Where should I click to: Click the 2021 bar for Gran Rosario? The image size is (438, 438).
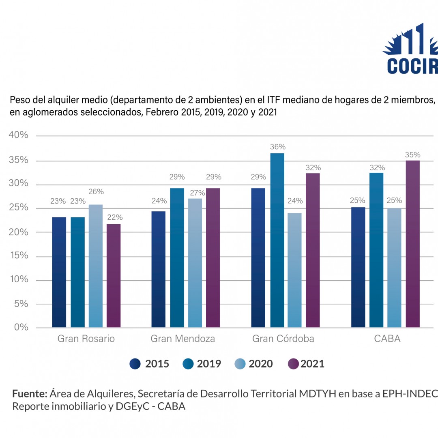click(114, 276)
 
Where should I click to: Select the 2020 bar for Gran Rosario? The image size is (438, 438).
click(96, 266)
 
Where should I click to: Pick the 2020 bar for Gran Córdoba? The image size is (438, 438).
click(295, 270)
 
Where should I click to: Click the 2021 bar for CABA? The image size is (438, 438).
click(413, 244)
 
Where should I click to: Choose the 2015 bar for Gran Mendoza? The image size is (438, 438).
click(158, 269)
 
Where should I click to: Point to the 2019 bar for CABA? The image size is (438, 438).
click(376, 250)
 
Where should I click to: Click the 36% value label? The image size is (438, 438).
click(278, 147)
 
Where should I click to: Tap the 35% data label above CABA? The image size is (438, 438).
click(413, 155)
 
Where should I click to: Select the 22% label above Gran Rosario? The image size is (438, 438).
click(115, 217)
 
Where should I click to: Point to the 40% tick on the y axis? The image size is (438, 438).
click(19, 135)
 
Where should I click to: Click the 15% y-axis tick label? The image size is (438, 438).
click(19, 255)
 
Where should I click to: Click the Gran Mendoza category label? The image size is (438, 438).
click(183, 339)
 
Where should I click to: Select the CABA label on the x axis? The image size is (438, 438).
click(387, 339)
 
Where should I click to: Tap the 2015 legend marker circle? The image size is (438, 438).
click(135, 364)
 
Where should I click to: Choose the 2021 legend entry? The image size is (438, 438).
click(307, 364)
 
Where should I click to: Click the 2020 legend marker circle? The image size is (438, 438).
click(240, 364)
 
